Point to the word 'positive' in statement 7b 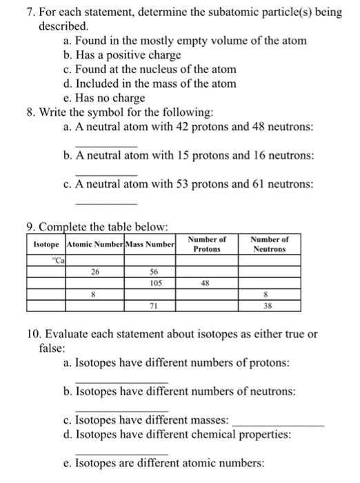(117, 55)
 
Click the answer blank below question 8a (106, 146)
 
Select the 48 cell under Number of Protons (206, 282)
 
